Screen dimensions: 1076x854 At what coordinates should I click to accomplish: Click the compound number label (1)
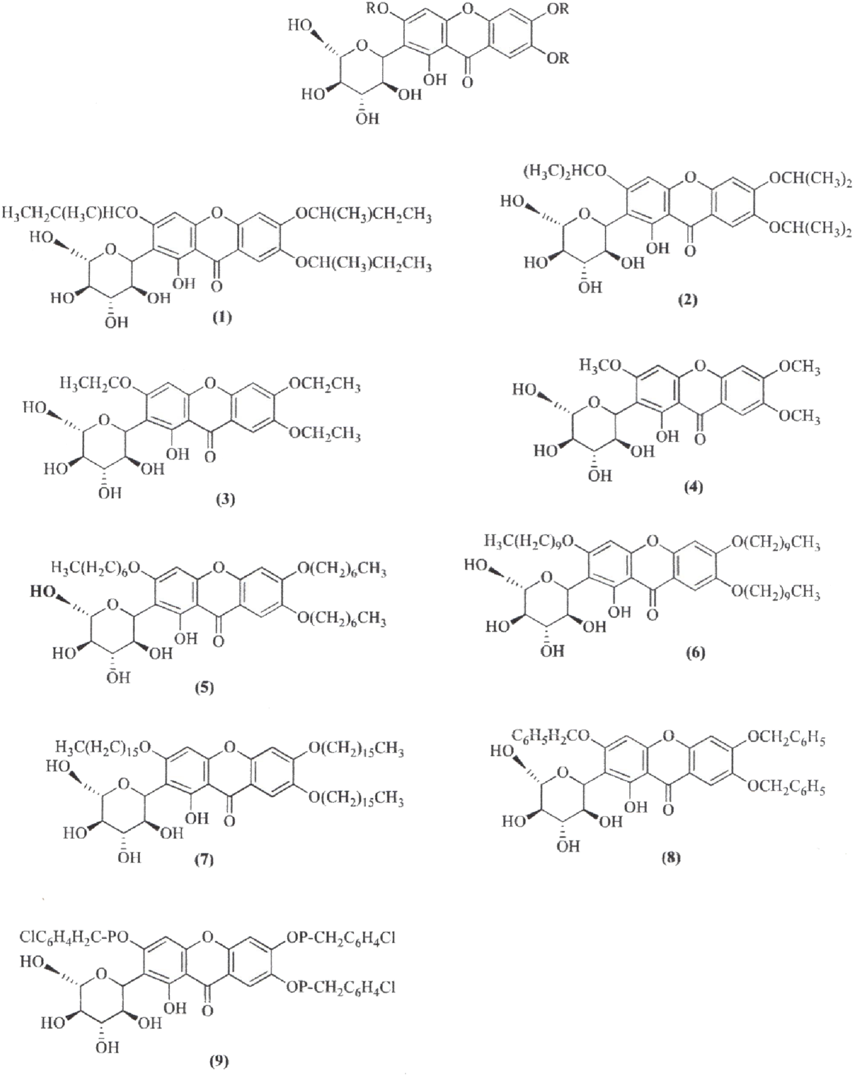[x=223, y=318]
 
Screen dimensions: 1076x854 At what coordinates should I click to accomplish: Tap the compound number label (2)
[x=688, y=300]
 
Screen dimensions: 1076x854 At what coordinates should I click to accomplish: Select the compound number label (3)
[x=225, y=500]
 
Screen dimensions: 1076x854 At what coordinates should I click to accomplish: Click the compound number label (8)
[x=671, y=858]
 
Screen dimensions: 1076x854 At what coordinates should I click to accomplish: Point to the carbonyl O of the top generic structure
[x=468, y=83]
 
